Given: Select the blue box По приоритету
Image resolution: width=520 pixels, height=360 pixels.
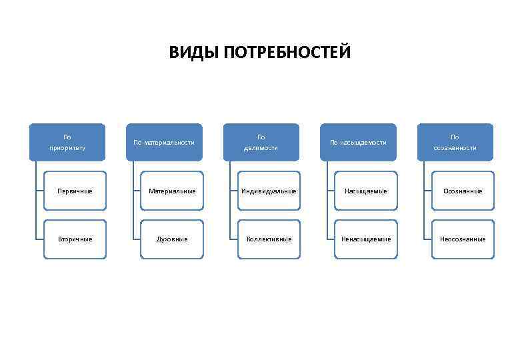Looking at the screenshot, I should (67, 142).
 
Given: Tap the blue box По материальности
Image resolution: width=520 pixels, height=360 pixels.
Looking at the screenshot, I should (164, 142).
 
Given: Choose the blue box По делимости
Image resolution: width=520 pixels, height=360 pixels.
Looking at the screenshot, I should (261, 142).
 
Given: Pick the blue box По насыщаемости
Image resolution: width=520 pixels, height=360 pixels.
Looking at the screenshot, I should (358, 142).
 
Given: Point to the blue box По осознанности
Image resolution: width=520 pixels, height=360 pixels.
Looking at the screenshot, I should (455, 142).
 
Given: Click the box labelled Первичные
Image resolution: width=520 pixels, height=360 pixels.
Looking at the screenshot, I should (75, 191).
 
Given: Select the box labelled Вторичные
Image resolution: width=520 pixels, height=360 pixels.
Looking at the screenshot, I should (75, 239).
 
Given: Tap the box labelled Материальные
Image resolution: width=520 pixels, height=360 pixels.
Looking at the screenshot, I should (172, 191).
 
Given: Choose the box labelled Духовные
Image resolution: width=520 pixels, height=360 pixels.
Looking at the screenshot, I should (172, 239).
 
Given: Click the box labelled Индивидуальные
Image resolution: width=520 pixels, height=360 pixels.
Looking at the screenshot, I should (269, 191).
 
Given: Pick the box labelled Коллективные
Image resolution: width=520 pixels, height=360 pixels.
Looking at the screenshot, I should (269, 239).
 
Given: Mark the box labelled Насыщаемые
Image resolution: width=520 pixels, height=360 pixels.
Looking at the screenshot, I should (366, 191).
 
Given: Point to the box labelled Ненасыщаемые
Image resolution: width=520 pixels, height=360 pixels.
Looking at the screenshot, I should (366, 239).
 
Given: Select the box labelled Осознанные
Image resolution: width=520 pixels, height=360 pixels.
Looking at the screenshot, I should (463, 191).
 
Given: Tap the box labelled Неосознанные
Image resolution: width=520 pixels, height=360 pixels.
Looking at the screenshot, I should (463, 239).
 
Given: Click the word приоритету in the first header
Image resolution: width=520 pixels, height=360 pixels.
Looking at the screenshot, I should (67, 148).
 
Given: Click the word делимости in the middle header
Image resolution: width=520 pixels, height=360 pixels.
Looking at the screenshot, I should (261, 148).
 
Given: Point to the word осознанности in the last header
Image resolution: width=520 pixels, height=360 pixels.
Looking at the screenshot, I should (455, 148).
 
